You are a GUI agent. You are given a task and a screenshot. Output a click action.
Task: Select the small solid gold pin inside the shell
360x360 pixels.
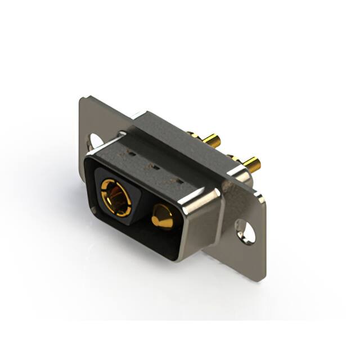point(162,217)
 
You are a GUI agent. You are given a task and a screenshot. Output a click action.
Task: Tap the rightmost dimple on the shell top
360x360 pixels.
point(179,181)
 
